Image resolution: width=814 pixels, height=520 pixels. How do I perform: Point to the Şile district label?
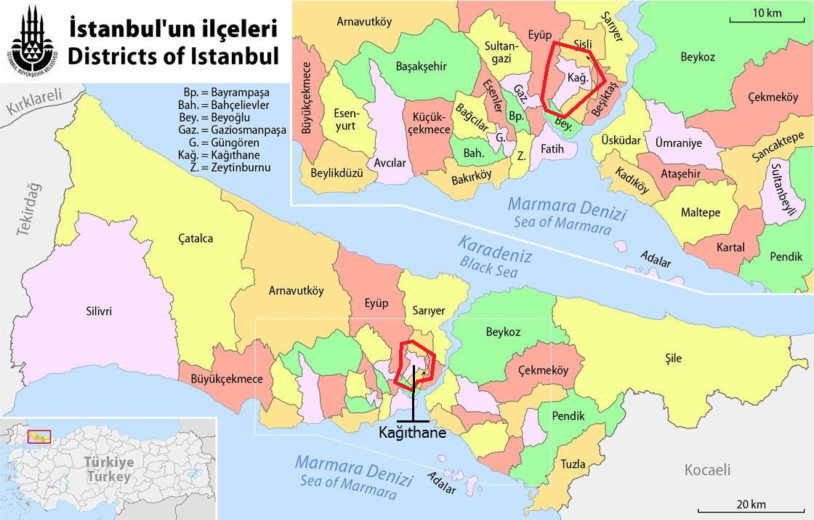(x=674, y=358)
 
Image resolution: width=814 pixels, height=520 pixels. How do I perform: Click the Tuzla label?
(x=573, y=464)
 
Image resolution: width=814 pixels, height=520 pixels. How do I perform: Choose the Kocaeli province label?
(x=707, y=470)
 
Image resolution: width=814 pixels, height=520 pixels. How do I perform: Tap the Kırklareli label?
(x=36, y=102)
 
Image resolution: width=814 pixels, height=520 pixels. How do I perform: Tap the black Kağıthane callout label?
(x=412, y=432)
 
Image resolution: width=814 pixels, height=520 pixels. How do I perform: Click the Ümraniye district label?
(x=678, y=143)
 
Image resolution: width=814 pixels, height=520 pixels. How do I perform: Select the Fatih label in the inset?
(x=552, y=149)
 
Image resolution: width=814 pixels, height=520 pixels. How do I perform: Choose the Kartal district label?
(x=730, y=247)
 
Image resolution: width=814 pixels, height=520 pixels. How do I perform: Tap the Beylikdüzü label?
(x=337, y=173)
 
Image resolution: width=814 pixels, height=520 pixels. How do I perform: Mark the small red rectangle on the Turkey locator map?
(x=39, y=436)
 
